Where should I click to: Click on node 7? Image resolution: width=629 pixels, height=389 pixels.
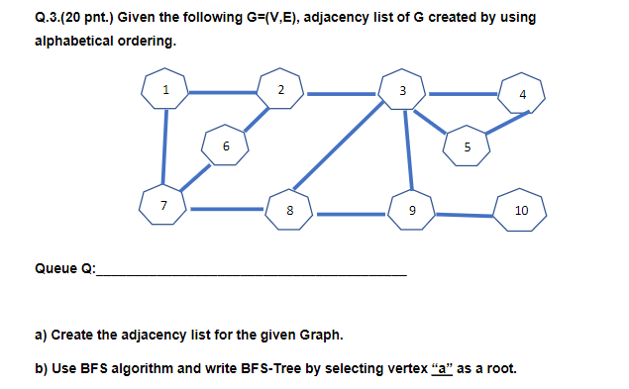pyautogui.click(x=164, y=207)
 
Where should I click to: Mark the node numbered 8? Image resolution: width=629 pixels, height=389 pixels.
pyautogui.click(x=289, y=210)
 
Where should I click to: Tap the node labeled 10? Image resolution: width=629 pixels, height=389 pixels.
pyautogui.click(x=521, y=211)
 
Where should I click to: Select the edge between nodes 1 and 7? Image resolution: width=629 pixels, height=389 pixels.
pyautogui.click(x=165, y=148)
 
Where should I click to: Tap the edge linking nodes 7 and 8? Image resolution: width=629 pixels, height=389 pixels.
pyautogui.click(x=227, y=210)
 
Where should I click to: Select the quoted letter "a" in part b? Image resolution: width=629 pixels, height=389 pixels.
pyautogui.click(x=443, y=368)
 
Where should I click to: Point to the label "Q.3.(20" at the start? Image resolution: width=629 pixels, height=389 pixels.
pyautogui.click(x=63, y=17)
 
